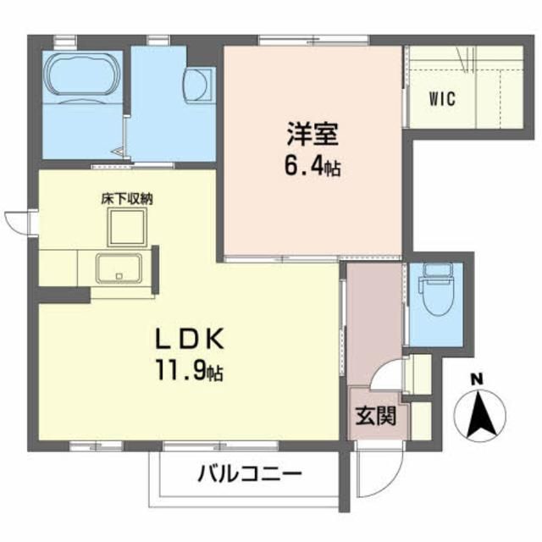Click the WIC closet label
[440, 98]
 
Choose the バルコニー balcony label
[250, 473]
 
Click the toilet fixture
[438, 292]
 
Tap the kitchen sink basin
[119, 269]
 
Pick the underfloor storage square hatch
[127, 228]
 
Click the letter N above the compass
[478, 379]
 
